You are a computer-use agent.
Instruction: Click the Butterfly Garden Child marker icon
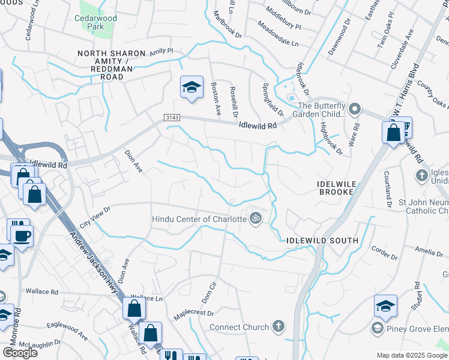pos(355,109)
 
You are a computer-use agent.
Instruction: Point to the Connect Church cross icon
pos(277,326)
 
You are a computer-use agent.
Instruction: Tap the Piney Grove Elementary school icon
pos(377,328)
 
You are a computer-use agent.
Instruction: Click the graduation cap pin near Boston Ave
pos(191,88)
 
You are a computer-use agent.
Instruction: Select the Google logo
pos(19,352)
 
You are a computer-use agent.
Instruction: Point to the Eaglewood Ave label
pos(67,333)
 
